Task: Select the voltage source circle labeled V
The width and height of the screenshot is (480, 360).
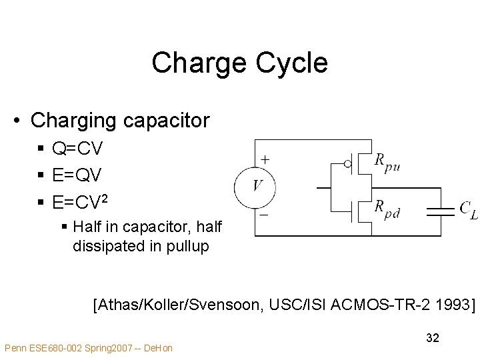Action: point(255,186)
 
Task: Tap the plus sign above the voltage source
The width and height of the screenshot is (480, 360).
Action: point(265,160)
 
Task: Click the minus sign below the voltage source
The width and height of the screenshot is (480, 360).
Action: point(264,215)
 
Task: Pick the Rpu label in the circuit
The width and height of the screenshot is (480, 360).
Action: point(387,161)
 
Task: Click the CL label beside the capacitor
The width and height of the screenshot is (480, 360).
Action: point(468,209)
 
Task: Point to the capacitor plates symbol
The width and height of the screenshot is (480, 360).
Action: point(439,211)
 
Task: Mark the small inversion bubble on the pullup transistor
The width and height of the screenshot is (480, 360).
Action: point(347,163)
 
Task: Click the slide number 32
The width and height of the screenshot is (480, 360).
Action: point(432,338)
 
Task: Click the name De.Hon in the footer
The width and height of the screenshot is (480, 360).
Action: point(158,348)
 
